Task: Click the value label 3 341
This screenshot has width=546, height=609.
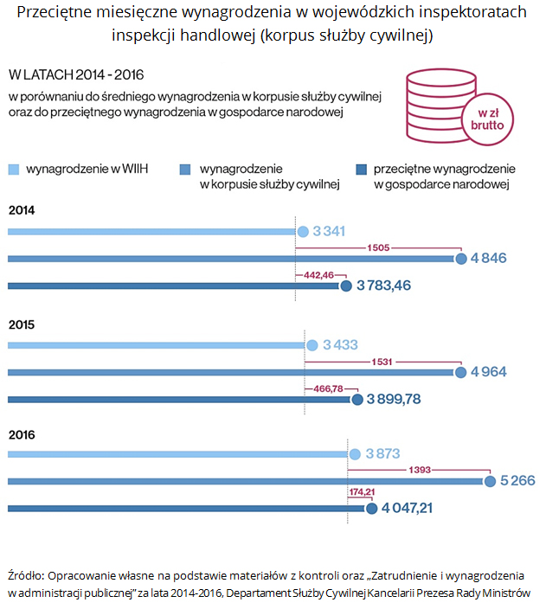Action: pyautogui.click(x=329, y=232)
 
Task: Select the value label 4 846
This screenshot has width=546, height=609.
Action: pyautogui.click(x=488, y=259)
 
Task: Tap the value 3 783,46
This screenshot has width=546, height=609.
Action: pyautogui.click(x=383, y=285)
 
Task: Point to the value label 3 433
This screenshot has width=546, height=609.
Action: pyautogui.click(x=340, y=345)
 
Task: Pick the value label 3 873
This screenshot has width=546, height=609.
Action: pyautogui.click(x=382, y=453)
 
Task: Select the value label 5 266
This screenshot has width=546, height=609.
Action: pyautogui.click(x=517, y=481)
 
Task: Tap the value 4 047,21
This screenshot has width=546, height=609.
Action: pyautogui.click(x=406, y=508)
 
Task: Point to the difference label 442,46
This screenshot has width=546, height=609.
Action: pyautogui.click(x=318, y=275)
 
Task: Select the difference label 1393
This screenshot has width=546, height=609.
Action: pyautogui.click(x=420, y=470)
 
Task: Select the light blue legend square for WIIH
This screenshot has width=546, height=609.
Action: pyautogui.click(x=13, y=169)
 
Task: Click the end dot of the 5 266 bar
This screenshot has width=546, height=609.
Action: pyautogui.click(x=491, y=481)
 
